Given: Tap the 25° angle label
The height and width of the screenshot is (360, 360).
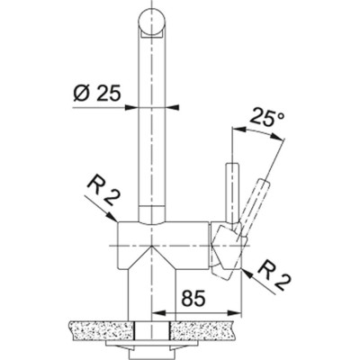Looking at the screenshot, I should coord(268,116).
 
